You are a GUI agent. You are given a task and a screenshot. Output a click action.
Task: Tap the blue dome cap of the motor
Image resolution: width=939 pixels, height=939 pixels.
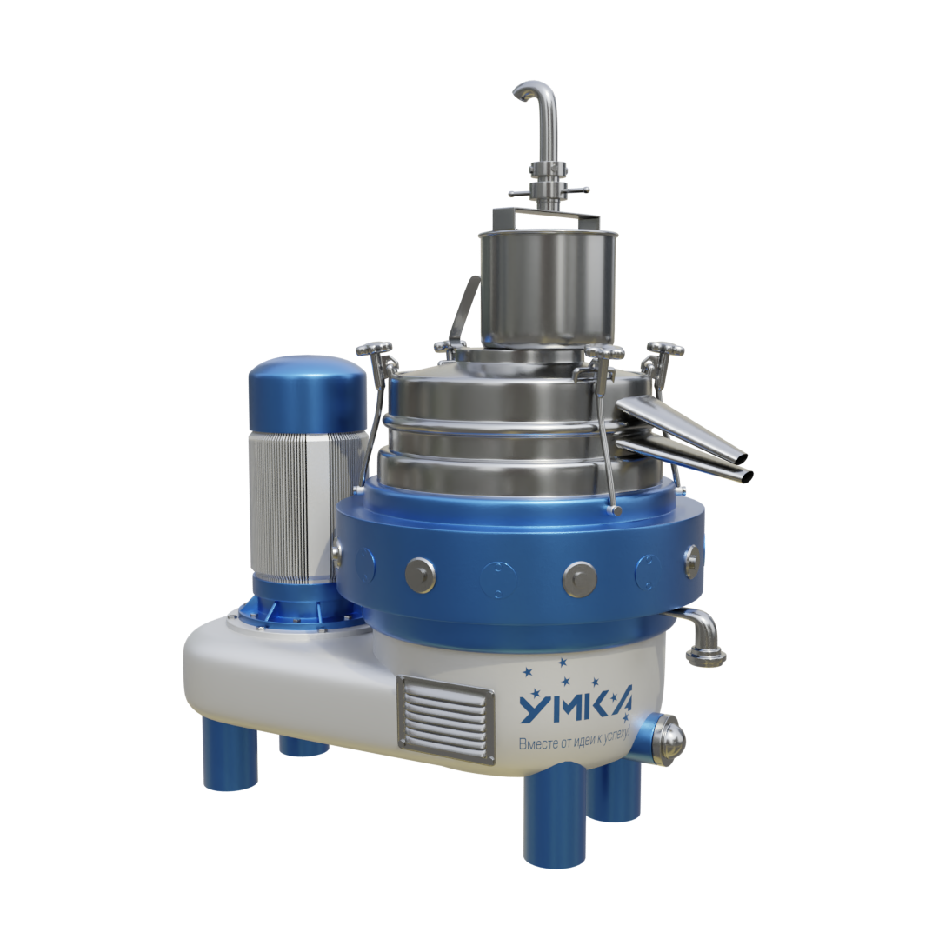click(308, 392)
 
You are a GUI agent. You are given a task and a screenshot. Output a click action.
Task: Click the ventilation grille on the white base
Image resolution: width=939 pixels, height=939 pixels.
click(445, 719)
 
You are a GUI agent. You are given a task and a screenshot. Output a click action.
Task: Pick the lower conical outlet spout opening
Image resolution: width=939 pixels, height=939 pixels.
click(746, 476)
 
